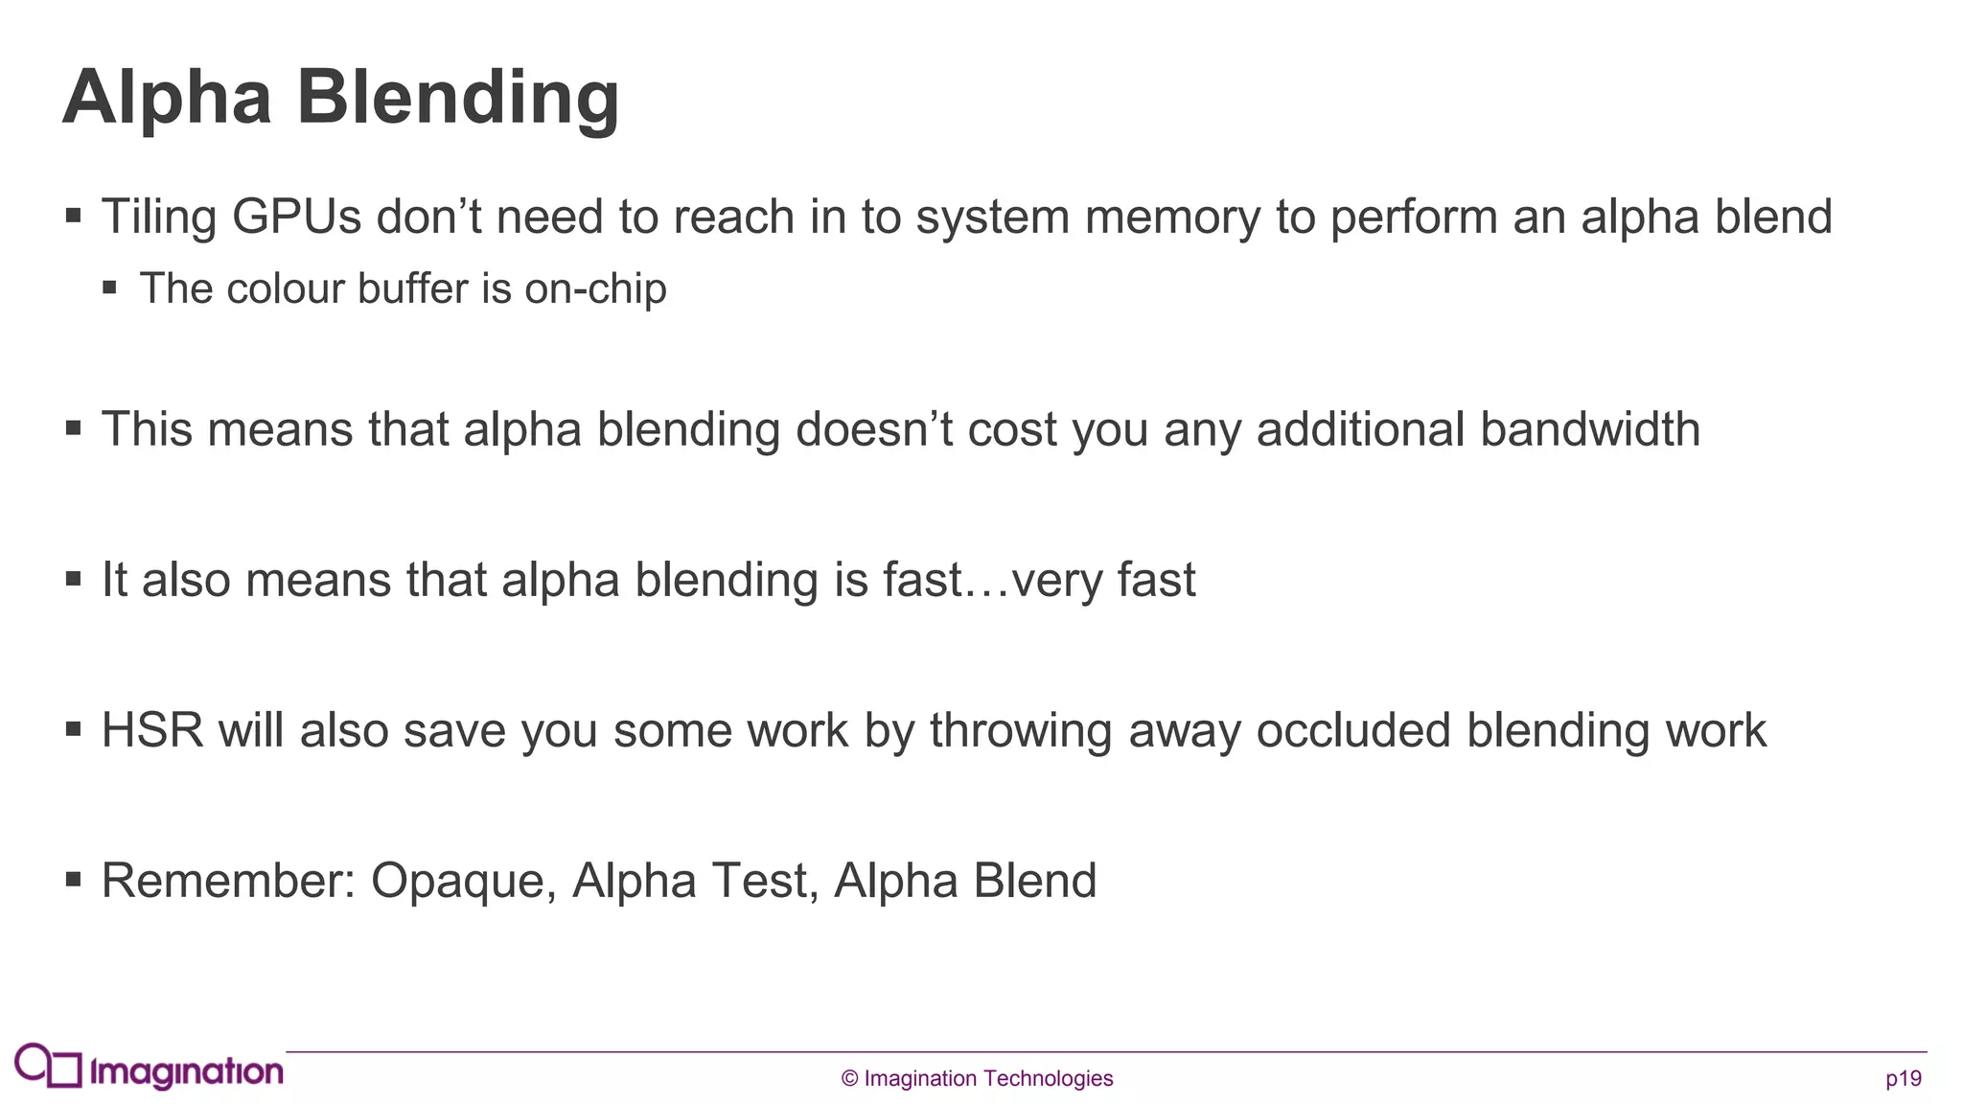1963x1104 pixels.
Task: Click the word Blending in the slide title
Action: (x=457, y=99)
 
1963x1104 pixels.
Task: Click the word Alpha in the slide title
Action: (x=168, y=99)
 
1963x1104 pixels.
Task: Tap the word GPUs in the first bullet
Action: (x=296, y=217)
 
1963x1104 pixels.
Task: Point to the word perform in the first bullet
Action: (x=1414, y=217)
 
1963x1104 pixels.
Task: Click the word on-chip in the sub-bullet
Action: (x=595, y=289)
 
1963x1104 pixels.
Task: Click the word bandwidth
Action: (x=1590, y=429)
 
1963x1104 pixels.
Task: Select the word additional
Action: (x=1360, y=429)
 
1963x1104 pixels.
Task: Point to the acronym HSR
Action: (x=152, y=730)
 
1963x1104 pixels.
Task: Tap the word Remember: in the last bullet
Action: (x=228, y=881)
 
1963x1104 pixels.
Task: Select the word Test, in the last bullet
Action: (x=764, y=881)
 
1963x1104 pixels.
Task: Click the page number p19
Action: (x=1903, y=1079)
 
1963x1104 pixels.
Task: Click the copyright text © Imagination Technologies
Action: (x=977, y=1079)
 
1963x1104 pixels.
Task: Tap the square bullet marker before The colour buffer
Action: (x=110, y=287)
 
